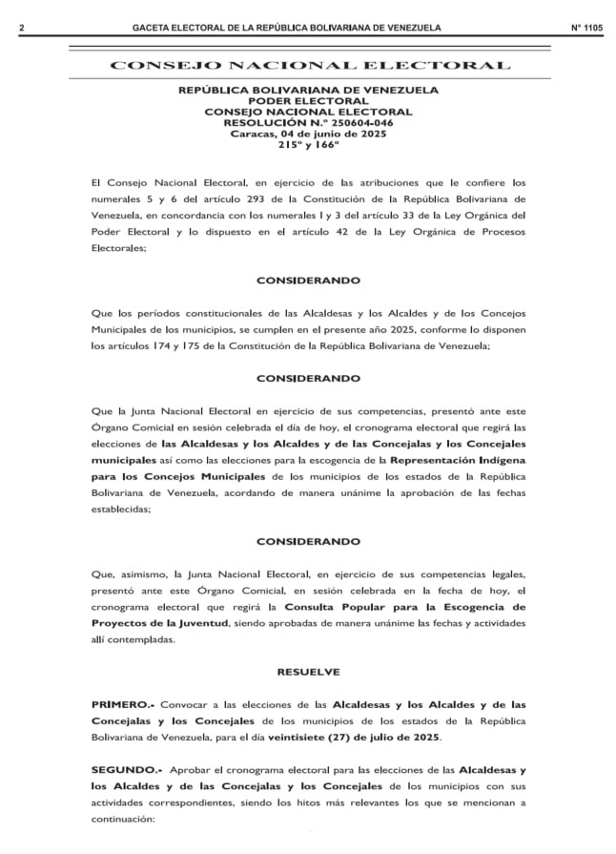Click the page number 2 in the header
tap(20, 29)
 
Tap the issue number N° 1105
tap(585, 29)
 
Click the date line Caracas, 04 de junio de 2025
tap(307, 134)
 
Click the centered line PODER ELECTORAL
tap(307, 101)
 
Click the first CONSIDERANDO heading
tap(307, 281)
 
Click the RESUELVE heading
tap(307, 672)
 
